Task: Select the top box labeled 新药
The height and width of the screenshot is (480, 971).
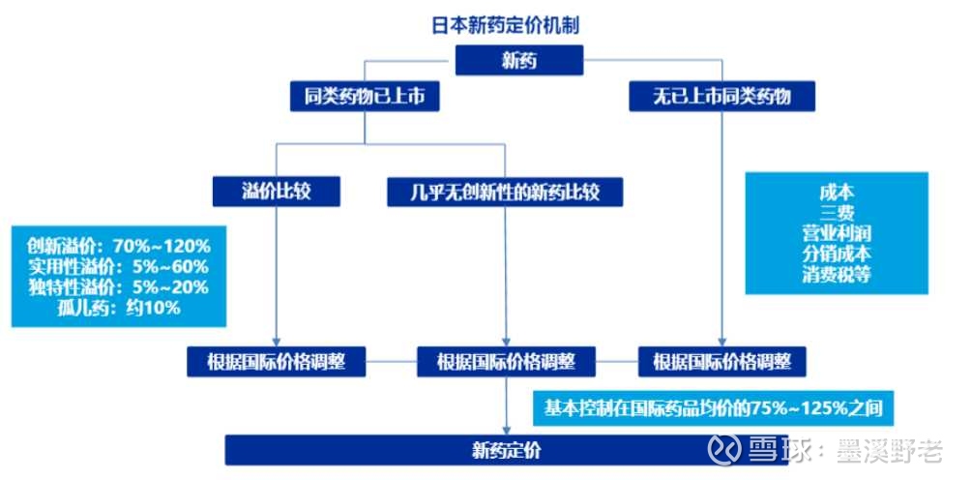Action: pyautogui.click(x=518, y=62)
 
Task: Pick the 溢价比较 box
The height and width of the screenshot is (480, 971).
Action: pyautogui.click(x=278, y=192)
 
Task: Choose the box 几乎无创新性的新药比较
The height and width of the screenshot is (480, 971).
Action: pyautogui.click(x=506, y=192)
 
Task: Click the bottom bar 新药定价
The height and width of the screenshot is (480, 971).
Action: pyautogui.click(x=507, y=449)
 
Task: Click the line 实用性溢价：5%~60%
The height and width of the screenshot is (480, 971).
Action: pyautogui.click(x=119, y=265)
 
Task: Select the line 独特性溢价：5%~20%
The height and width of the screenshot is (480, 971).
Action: pyautogui.click(x=119, y=286)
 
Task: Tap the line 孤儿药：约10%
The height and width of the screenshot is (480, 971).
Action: pyautogui.click(x=119, y=308)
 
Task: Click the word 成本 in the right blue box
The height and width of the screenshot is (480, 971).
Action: pyautogui.click(x=837, y=193)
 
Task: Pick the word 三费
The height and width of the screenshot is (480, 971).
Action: pyautogui.click(x=837, y=213)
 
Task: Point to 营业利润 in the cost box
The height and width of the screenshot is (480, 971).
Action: pyautogui.click(x=837, y=233)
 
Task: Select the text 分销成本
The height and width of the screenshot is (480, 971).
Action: pyautogui.click(x=837, y=254)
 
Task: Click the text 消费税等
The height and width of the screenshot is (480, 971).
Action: pyautogui.click(x=837, y=274)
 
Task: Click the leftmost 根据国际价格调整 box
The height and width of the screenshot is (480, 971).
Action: pyautogui.click(x=278, y=363)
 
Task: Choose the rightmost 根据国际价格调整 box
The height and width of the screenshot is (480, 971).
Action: pyautogui.click(x=722, y=363)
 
